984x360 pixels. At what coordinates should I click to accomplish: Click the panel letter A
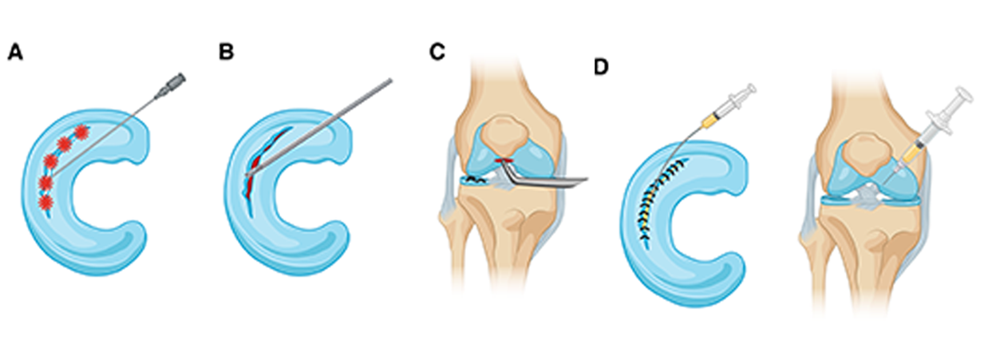pos(15,52)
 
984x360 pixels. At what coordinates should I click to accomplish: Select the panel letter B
pos(227,52)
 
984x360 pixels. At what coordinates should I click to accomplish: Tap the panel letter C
pos(437,52)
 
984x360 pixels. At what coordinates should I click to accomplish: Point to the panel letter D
pos(602,67)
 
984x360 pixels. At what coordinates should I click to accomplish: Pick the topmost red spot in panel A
pos(81,131)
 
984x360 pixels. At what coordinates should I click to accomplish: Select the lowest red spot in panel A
pos(45,203)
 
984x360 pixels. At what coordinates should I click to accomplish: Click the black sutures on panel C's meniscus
pos(476,180)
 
